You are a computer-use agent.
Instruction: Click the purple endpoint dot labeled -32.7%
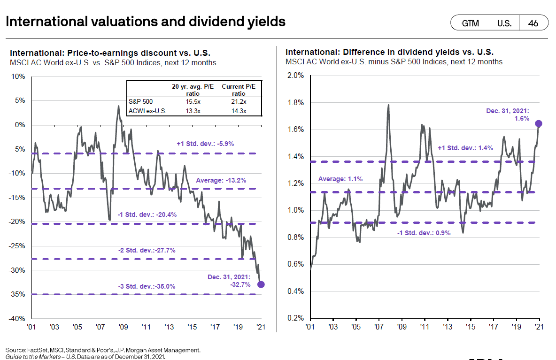tap(261, 284)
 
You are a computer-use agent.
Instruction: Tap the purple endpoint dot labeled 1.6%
tap(539, 123)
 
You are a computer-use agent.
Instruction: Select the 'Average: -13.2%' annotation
tap(221, 180)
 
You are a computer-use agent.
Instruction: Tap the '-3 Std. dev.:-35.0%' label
tap(147, 286)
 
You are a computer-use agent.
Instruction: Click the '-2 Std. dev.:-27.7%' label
tap(147, 250)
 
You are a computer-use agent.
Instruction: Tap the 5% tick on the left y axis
tap(20, 100)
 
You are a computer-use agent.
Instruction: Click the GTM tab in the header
tap(470, 23)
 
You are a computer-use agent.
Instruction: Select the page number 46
tap(533, 23)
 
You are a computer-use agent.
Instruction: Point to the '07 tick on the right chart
tap(378, 326)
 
